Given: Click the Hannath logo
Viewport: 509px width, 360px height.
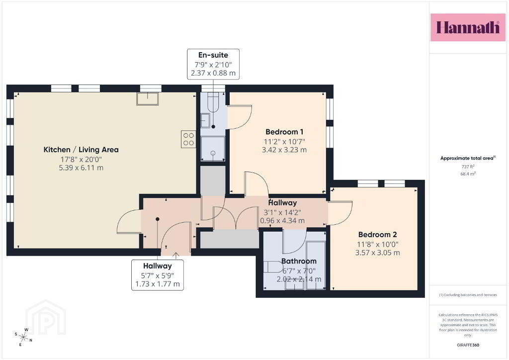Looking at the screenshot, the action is pos(468,27).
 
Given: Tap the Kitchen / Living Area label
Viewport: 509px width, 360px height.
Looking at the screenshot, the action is pos(81,150).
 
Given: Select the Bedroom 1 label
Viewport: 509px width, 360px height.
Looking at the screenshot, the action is pos(284,132).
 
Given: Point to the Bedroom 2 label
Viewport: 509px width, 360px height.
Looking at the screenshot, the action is pos(378,234).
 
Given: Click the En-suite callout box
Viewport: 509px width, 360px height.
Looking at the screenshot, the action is pos(213,64).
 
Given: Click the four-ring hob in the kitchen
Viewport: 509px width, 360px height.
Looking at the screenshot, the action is pos(188,139).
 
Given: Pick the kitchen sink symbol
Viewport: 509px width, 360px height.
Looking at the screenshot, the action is pos(148,98).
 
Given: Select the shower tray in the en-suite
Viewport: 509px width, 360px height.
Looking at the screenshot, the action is pos(213,149).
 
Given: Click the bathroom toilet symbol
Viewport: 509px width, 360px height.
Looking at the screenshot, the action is pos(273,267).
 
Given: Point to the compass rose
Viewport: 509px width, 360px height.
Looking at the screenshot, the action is pos(23,337).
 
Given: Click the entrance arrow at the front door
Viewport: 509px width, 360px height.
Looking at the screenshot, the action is pos(175,256).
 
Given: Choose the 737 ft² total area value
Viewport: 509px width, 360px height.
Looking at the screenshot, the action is pos(468,167).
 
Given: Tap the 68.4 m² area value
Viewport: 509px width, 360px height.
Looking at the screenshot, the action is pos(468,174).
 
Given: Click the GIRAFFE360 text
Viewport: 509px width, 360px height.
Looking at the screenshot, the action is pos(468,345).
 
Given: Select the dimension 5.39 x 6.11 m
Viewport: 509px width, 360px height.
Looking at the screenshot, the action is pos(81,168).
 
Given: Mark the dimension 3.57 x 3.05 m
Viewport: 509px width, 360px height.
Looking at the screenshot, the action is pos(378,253).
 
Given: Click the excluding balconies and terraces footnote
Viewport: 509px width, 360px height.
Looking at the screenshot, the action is pos(468,295).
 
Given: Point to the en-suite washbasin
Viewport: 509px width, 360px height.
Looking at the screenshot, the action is pos(205,120).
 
